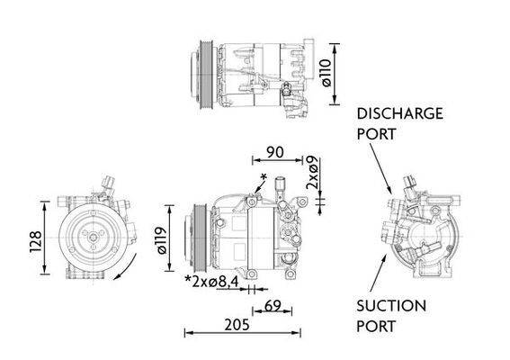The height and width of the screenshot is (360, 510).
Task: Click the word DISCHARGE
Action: click(400, 113)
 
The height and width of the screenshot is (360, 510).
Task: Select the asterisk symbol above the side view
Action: click(263, 174)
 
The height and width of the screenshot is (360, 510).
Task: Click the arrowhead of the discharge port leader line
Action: click(389, 193)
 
